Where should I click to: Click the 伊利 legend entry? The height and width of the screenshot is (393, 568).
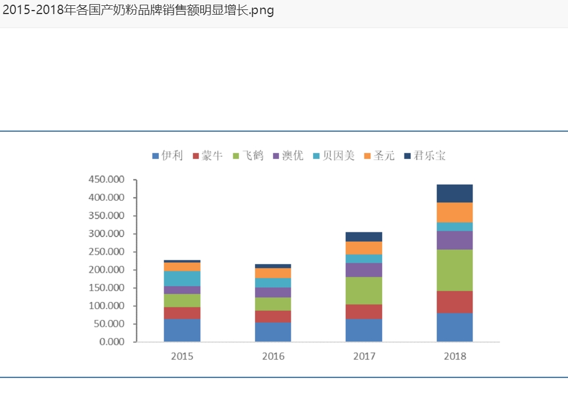point(168,156)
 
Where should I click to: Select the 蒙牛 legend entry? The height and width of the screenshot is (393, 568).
point(208,156)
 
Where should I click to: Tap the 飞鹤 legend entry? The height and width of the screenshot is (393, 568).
point(249,156)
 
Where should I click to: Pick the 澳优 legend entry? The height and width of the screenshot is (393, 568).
point(288,156)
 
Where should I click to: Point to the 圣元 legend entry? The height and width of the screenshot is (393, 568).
point(379,156)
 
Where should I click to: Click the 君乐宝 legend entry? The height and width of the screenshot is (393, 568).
point(425,156)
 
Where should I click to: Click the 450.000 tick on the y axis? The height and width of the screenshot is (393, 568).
point(107,179)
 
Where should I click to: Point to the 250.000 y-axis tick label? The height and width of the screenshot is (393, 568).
point(107,252)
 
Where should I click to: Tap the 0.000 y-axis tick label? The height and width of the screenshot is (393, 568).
point(111,342)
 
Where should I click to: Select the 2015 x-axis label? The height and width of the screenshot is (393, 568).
point(182,356)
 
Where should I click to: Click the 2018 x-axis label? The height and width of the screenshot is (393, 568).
point(455,356)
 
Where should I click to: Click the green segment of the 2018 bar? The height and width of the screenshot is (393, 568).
point(455,270)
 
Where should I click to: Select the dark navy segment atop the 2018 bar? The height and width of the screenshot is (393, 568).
point(455,194)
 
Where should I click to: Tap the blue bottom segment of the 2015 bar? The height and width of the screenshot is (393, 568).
point(182,330)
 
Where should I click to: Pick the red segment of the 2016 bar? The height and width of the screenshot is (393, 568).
point(273,317)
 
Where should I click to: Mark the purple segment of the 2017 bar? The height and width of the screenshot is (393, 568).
point(364,270)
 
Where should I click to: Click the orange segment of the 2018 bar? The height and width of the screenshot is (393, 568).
point(455,212)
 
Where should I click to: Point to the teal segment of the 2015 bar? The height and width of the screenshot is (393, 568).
point(182,279)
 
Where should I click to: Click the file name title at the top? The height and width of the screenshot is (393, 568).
point(138,11)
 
